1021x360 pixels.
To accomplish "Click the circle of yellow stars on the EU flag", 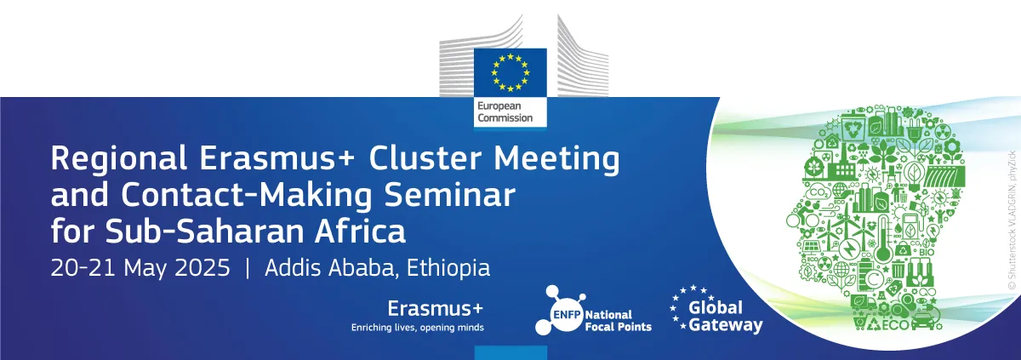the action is coord(510,72).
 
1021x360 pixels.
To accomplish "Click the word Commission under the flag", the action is coord(505,118).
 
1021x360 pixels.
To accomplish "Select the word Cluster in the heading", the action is coord(425,157).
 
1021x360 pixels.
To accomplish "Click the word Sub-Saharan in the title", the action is coord(204,231).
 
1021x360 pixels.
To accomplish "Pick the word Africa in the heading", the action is coord(360,231).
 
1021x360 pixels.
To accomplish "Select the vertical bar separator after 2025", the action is coord(248,268).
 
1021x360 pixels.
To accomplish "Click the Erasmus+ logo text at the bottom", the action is coord(435,308).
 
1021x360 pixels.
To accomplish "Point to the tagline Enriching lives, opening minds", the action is coord(417,328).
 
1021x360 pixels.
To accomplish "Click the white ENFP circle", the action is coord(566,314).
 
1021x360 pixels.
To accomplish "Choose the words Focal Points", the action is coord(618,327).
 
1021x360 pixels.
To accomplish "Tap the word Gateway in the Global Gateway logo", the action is coord(726,325).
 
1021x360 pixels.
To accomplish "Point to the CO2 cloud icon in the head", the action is coord(819,193).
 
